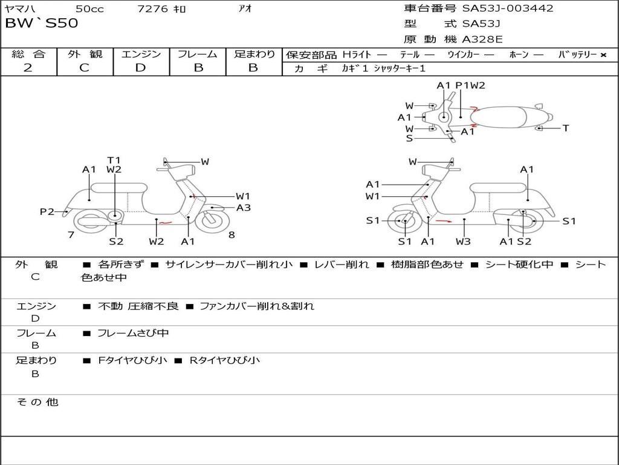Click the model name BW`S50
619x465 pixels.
(x=42, y=23)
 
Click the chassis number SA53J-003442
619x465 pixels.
(x=508, y=8)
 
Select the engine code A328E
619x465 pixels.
(x=482, y=39)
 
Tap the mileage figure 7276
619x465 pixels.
(x=152, y=8)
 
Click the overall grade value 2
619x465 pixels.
(x=28, y=68)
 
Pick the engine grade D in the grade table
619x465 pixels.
(x=140, y=68)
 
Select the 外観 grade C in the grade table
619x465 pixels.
(x=84, y=68)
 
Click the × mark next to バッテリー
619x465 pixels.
(x=603, y=55)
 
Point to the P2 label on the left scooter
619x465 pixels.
(x=47, y=211)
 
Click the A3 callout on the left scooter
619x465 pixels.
(x=244, y=208)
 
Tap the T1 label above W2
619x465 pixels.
(x=114, y=160)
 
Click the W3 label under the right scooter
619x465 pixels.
(x=463, y=241)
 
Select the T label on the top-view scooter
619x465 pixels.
(x=566, y=128)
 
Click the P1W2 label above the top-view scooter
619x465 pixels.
(x=470, y=85)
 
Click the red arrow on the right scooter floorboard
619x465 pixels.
(x=444, y=221)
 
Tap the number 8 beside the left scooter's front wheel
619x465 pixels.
(x=232, y=235)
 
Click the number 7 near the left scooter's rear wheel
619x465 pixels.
(x=71, y=235)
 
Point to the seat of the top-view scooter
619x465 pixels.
(x=498, y=117)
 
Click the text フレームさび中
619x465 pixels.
(x=133, y=333)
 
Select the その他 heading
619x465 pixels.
(x=37, y=402)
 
